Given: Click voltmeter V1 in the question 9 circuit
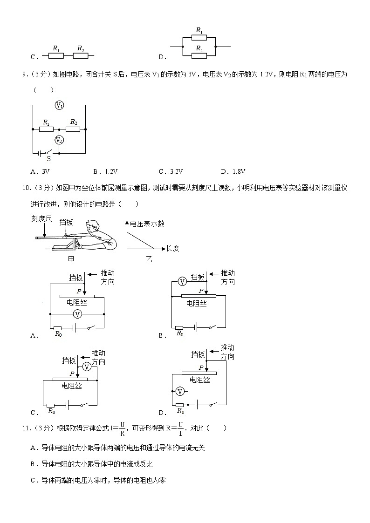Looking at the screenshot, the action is pos(59,105).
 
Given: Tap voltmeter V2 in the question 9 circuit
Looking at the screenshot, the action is pos(59,140).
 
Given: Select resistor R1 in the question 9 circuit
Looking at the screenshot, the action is pos(46,129).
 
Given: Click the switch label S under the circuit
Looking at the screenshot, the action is pos(48,158).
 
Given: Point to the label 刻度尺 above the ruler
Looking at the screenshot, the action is pos(42,218).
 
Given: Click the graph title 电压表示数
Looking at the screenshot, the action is pos(147,224).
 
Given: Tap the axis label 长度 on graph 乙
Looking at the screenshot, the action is pos(172,249).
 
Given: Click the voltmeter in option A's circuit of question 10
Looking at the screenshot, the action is pos(78,315).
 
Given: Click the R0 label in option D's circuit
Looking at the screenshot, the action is pos(180,412).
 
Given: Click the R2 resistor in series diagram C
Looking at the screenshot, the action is pos(81,56).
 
